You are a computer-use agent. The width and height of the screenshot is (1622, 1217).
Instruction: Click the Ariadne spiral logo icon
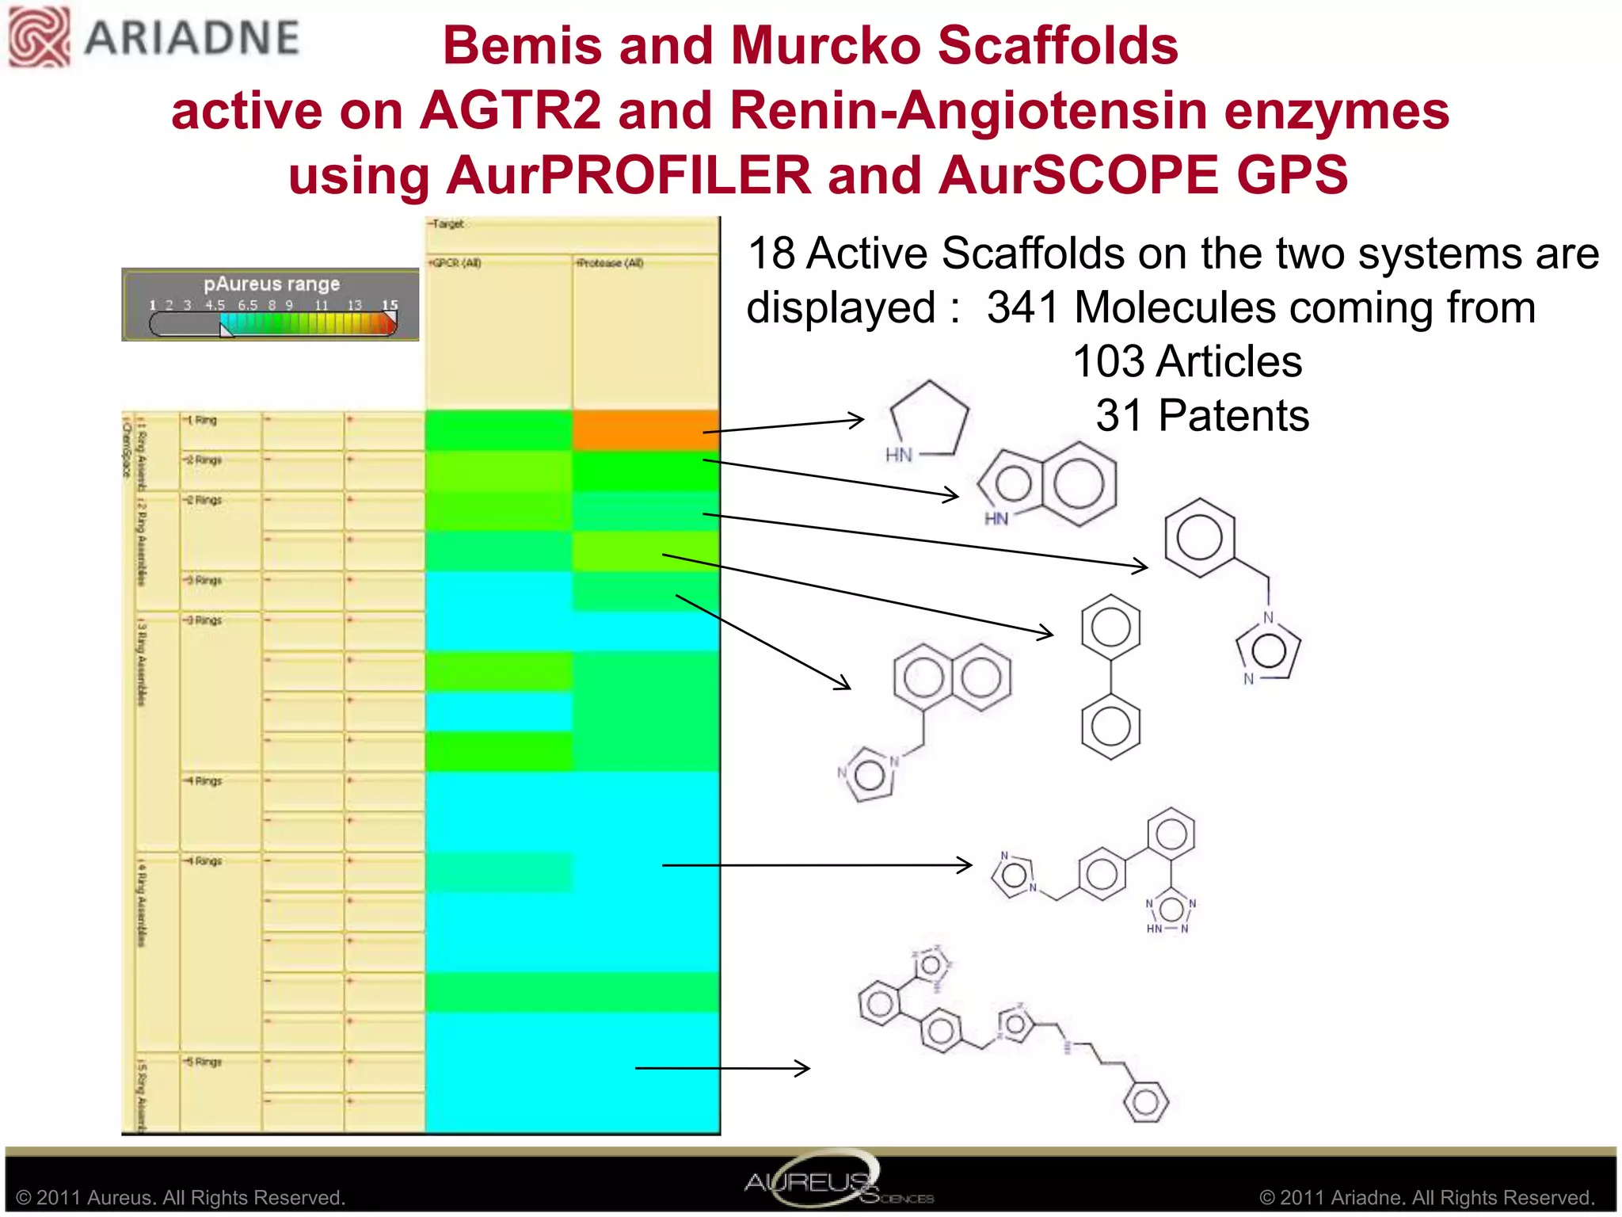pyautogui.click(x=38, y=36)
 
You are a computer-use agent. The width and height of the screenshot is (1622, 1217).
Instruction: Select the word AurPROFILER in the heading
pyautogui.click(x=629, y=175)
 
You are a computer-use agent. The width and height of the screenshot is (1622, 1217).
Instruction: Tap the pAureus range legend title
pyautogui.click(x=272, y=284)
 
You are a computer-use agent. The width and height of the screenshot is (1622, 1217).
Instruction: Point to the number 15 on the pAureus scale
pyautogui.click(x=390, y=305)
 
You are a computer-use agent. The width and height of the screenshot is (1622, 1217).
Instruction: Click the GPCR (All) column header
pyautogui.click(x=455, y=263)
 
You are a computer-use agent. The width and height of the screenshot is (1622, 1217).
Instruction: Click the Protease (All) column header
pyautogui.click(x=609, y=263)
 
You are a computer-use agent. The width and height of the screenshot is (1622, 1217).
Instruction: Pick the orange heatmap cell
pyautogui.click(x=645, y=430)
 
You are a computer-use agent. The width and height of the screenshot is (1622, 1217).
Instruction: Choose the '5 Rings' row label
pyautogui.click(x=204, y=1062)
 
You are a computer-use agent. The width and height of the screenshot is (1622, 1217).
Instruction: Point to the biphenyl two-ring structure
pyautogui.click(x=1110, y=677)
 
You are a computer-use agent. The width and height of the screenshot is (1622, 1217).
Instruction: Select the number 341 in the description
pyautogui.click(x=1022, y=307)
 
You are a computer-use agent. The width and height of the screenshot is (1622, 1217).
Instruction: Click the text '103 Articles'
pyautogui.click(x=1186, y=362)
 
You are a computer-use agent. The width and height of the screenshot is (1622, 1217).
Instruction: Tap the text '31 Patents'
pyautogui.click(x=1201, y=416)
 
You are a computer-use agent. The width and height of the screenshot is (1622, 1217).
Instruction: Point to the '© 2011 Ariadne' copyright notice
pyautogui.click(x=1426, y=1197)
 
